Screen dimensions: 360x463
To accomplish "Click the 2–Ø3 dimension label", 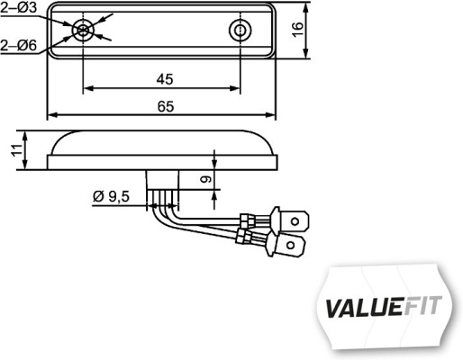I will pos(19,9).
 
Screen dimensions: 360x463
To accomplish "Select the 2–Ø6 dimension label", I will pos(19,43).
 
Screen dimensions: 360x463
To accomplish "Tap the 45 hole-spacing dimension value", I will pos(163,79).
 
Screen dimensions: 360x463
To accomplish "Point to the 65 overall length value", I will pos(165,106).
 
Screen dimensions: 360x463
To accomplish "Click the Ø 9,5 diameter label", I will pos(112,196).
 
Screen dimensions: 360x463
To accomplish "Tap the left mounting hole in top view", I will pos(83,31).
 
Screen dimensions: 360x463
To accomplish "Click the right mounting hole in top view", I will pos(241,31).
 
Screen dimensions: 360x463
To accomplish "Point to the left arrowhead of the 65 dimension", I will pos(51,116).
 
